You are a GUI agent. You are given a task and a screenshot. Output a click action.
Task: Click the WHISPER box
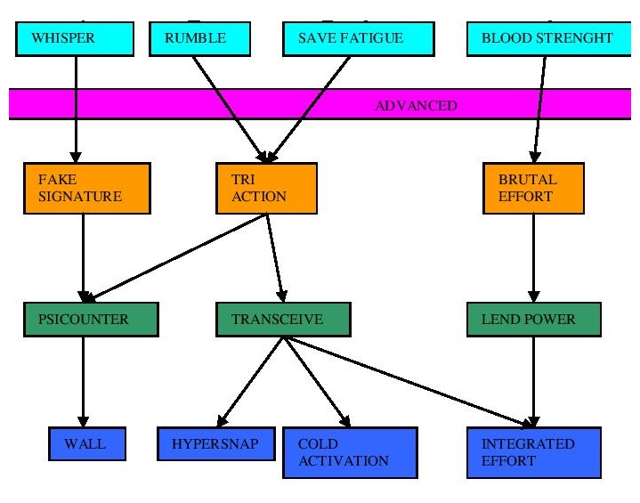(76, 37)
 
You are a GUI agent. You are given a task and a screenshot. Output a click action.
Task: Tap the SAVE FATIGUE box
(358, 37)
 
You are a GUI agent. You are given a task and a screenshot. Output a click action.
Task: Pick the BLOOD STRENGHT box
(547, 37)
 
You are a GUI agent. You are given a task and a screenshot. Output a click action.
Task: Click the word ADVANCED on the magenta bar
(416, 105)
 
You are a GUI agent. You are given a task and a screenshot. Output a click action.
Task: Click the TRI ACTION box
(265, 188)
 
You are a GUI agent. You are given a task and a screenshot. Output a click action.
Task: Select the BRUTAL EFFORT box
(533, 188)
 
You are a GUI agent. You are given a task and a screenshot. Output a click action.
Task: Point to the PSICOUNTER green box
(91, 319)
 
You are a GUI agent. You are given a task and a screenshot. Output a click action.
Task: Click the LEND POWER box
(533, 319)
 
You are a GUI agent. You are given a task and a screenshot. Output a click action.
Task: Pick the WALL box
(86, 442)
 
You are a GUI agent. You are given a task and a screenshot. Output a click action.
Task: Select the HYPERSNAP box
(216, 442)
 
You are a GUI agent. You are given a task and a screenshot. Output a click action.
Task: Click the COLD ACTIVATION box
(350, 452)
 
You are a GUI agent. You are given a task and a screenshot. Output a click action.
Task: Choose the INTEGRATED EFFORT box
(534, 452)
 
